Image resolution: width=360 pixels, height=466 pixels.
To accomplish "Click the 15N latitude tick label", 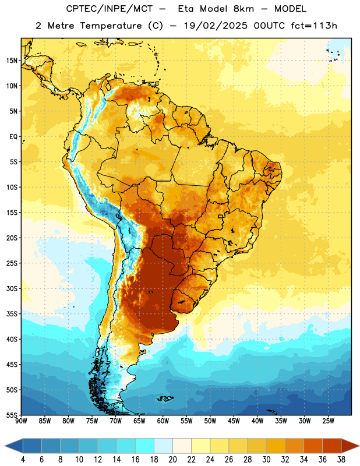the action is (x=11, y=61).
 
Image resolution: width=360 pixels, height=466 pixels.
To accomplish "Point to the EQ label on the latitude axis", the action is (x=13, y=137).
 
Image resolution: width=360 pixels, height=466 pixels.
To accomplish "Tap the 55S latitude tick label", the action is (x=11, y=415).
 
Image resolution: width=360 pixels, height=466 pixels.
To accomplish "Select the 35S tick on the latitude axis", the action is (x=11, y=314).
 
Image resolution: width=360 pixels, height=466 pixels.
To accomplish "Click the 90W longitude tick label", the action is (x=21, y=421).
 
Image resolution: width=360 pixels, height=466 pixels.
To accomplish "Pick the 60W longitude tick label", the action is (x=163, y=421).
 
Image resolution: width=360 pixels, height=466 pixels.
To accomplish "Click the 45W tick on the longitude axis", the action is (x=234, y=421).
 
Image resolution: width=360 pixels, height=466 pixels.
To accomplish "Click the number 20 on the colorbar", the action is (x=172, y=460).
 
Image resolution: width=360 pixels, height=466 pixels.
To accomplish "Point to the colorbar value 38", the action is (x=341, y=460).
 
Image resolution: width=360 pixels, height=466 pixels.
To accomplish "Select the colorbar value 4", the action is (x=23, y=460).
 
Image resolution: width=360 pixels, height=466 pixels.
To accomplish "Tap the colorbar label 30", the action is (x=266, y=460).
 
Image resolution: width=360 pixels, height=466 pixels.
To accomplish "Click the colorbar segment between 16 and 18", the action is (x=145, y=446).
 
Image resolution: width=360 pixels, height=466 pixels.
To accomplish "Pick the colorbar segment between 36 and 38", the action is (x=332, y=446).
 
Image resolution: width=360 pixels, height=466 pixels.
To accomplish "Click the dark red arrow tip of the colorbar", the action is (x=359, y=446).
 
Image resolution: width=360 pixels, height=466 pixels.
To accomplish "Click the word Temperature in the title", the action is (x=111, y=26).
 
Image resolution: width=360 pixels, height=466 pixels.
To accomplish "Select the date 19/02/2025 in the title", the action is (x=215, y=26).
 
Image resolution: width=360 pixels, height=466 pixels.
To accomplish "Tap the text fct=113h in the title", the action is (x=314, y=26).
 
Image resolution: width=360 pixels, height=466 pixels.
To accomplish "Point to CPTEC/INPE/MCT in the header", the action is (x=109, y=9).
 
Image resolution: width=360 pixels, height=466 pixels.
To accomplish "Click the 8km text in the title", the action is (x=243, y=9).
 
